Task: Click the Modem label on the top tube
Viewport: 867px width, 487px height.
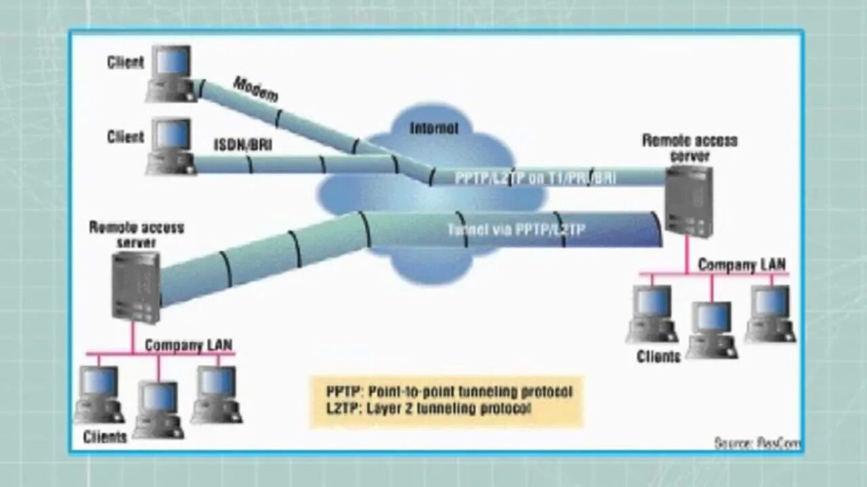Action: [256, 89]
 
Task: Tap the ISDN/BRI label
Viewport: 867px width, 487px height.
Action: [243, 145]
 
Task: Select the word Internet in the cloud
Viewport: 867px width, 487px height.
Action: [433, 128]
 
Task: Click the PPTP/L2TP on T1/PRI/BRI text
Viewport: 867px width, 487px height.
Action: [535, 179]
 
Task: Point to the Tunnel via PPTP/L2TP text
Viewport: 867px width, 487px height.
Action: [516, 230]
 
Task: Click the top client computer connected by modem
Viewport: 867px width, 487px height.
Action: [171, 73]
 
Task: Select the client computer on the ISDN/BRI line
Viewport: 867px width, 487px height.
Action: [171, 146]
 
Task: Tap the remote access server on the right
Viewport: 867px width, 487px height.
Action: [688, 201]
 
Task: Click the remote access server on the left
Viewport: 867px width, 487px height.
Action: [135, 285]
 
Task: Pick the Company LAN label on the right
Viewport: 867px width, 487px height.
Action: [742, 264]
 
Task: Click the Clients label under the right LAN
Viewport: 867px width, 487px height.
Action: [658, 356]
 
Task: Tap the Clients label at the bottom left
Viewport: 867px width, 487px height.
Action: [105, 437]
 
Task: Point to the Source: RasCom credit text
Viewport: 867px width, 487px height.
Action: [757, 444]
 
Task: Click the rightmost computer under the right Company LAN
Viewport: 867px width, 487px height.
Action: [771, 312]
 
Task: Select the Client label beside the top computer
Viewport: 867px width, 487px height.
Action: [126, 62]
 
